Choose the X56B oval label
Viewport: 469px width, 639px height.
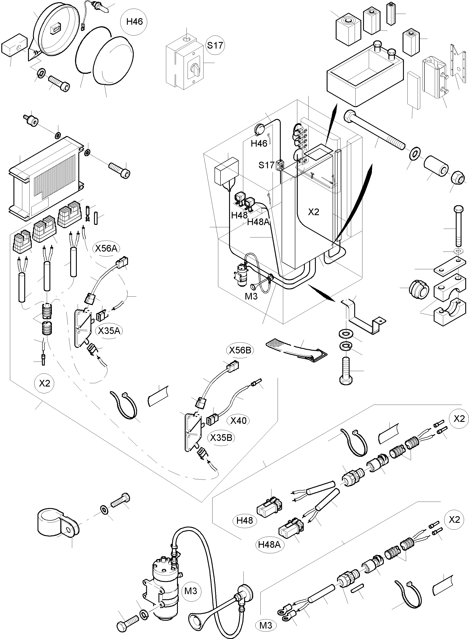[x=240, y=350]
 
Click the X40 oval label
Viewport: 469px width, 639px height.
[x=238, y=420]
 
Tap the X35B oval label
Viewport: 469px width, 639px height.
[x=221, y=438]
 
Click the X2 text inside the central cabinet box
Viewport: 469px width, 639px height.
[x=313, y=212]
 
